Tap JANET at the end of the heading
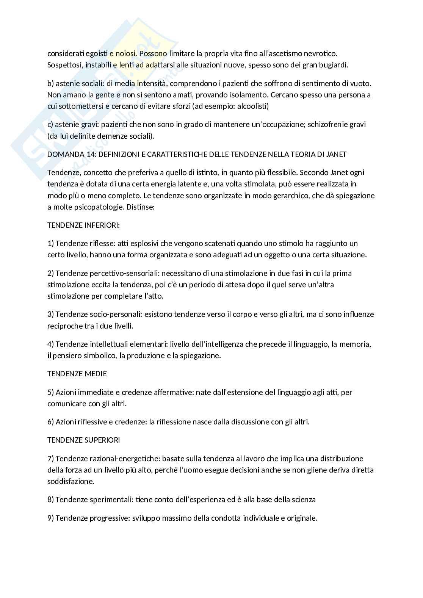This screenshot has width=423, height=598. [336, 154]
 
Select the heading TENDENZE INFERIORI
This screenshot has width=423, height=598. [83, 225]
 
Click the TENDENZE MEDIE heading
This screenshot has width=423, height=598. [77, 374]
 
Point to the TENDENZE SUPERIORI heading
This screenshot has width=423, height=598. [83, 440]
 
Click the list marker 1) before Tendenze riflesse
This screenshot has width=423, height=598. [51, 243]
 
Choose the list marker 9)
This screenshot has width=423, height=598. [51, 518]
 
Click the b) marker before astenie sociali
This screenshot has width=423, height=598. [50, 83]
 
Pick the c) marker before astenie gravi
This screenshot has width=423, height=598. [50, 124]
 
